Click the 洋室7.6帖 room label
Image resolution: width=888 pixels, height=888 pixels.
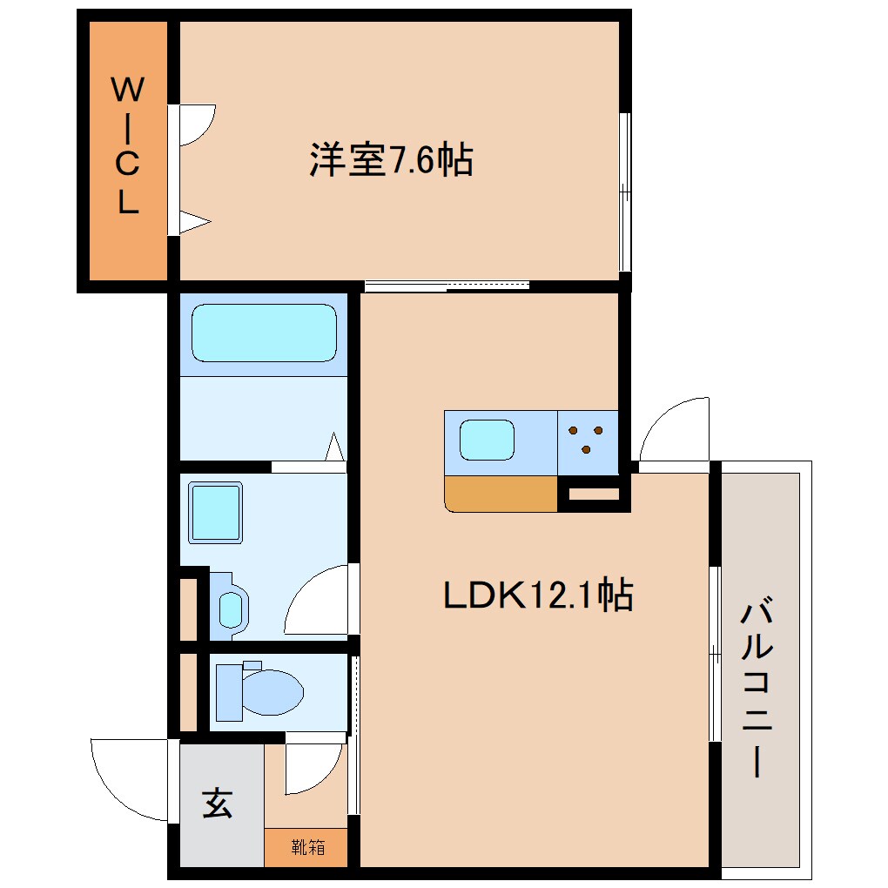(391, 160)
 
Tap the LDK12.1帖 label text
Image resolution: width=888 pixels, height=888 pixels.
(538, 595)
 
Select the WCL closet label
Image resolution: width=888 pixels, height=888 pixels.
(127, 145)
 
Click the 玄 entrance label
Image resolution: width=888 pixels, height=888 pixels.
(218, 803)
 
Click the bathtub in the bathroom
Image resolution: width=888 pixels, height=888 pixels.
(264, 332)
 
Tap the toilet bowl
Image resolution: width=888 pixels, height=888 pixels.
(261, 691)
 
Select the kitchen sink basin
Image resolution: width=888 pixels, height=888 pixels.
(488, 440)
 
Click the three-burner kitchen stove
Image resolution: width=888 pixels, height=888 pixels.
(588, 439)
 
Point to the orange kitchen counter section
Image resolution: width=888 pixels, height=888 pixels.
(501, 494)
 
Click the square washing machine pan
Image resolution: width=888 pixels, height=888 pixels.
(215, 514)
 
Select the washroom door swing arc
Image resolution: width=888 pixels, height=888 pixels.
(317, 601)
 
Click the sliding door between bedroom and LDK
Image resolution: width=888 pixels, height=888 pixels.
(447, 285)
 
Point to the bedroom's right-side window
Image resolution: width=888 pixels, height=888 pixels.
(624, 192)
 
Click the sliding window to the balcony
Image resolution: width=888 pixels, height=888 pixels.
(714, 653)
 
